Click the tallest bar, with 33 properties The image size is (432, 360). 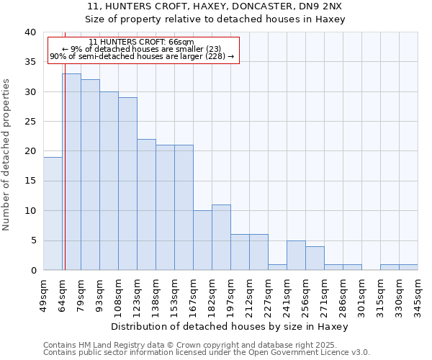click(x=71, y=172)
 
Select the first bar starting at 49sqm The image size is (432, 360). click(x=53, y=214)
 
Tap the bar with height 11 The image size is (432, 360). click(x=221, y=238)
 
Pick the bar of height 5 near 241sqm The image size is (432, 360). click(x=296, y=256)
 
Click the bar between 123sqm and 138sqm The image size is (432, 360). click(x=146, y=204)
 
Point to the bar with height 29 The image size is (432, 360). click(x=127, y=184)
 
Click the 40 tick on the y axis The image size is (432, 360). click(x=30, y=32)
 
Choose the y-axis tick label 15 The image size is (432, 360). click(x=30, y=181)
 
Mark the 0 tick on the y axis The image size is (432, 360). click(x=32, y=270)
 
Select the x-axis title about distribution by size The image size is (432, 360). click(x=230, y=326)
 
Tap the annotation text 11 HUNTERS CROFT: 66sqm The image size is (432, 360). click(x=142, y=42)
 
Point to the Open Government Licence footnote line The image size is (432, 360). click(x=207, y=353)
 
